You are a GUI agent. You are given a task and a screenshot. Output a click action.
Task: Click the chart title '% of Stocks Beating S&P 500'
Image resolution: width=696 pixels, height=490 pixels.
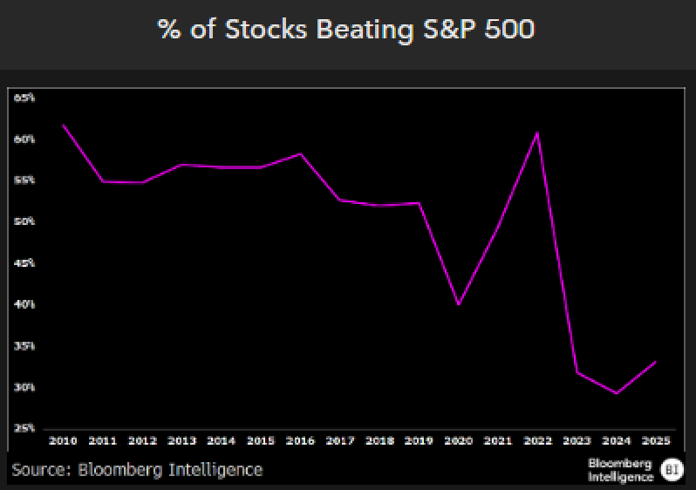(346, 29)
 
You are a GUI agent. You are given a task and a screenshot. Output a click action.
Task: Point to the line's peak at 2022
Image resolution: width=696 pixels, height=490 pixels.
(537, 133)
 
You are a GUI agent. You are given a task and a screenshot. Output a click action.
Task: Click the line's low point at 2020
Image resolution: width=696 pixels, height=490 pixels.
(458, 304)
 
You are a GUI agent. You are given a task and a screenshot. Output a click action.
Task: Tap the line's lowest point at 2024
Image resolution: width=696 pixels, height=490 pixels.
(617, 393)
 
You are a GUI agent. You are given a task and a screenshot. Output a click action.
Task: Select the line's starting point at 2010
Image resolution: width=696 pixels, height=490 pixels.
(63, 125)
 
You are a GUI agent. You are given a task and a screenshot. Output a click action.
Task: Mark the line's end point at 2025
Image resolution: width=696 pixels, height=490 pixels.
(656, 361)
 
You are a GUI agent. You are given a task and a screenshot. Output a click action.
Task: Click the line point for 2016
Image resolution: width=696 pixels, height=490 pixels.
(300, 153)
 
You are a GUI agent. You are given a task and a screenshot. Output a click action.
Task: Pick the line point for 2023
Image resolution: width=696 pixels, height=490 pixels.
(577, 372)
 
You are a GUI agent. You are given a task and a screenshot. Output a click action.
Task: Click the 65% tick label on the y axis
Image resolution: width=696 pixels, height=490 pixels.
(24, 98)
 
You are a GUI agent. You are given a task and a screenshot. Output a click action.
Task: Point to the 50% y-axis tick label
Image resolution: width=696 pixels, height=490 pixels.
(24, 221)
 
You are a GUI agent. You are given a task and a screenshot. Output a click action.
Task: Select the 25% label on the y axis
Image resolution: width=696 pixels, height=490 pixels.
(24, 428)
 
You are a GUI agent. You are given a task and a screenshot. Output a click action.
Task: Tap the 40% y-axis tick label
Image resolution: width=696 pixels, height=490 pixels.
(24, 304)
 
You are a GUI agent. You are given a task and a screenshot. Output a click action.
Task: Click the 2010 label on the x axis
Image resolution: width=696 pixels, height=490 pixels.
(63, 439)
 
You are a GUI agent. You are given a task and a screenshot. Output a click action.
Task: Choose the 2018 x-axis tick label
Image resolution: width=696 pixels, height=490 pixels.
(379, 439)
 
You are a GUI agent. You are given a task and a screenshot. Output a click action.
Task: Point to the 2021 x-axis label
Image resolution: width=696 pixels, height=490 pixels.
(498, 439)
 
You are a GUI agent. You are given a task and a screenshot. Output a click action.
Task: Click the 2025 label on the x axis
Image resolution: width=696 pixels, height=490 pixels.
(656, 439)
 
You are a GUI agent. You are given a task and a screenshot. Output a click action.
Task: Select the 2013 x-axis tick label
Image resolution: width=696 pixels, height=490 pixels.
(181, 439)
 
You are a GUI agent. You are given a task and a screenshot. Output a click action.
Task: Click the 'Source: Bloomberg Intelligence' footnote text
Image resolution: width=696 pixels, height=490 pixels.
(137, 470)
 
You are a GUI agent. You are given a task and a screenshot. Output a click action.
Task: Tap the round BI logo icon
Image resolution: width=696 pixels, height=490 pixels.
(672, 469)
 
